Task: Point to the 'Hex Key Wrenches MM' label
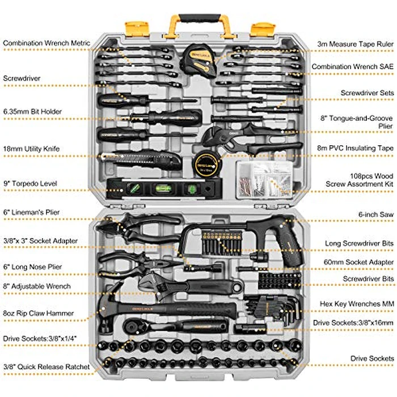tap(357, 304)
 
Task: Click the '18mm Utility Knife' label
tap(31, 149)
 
